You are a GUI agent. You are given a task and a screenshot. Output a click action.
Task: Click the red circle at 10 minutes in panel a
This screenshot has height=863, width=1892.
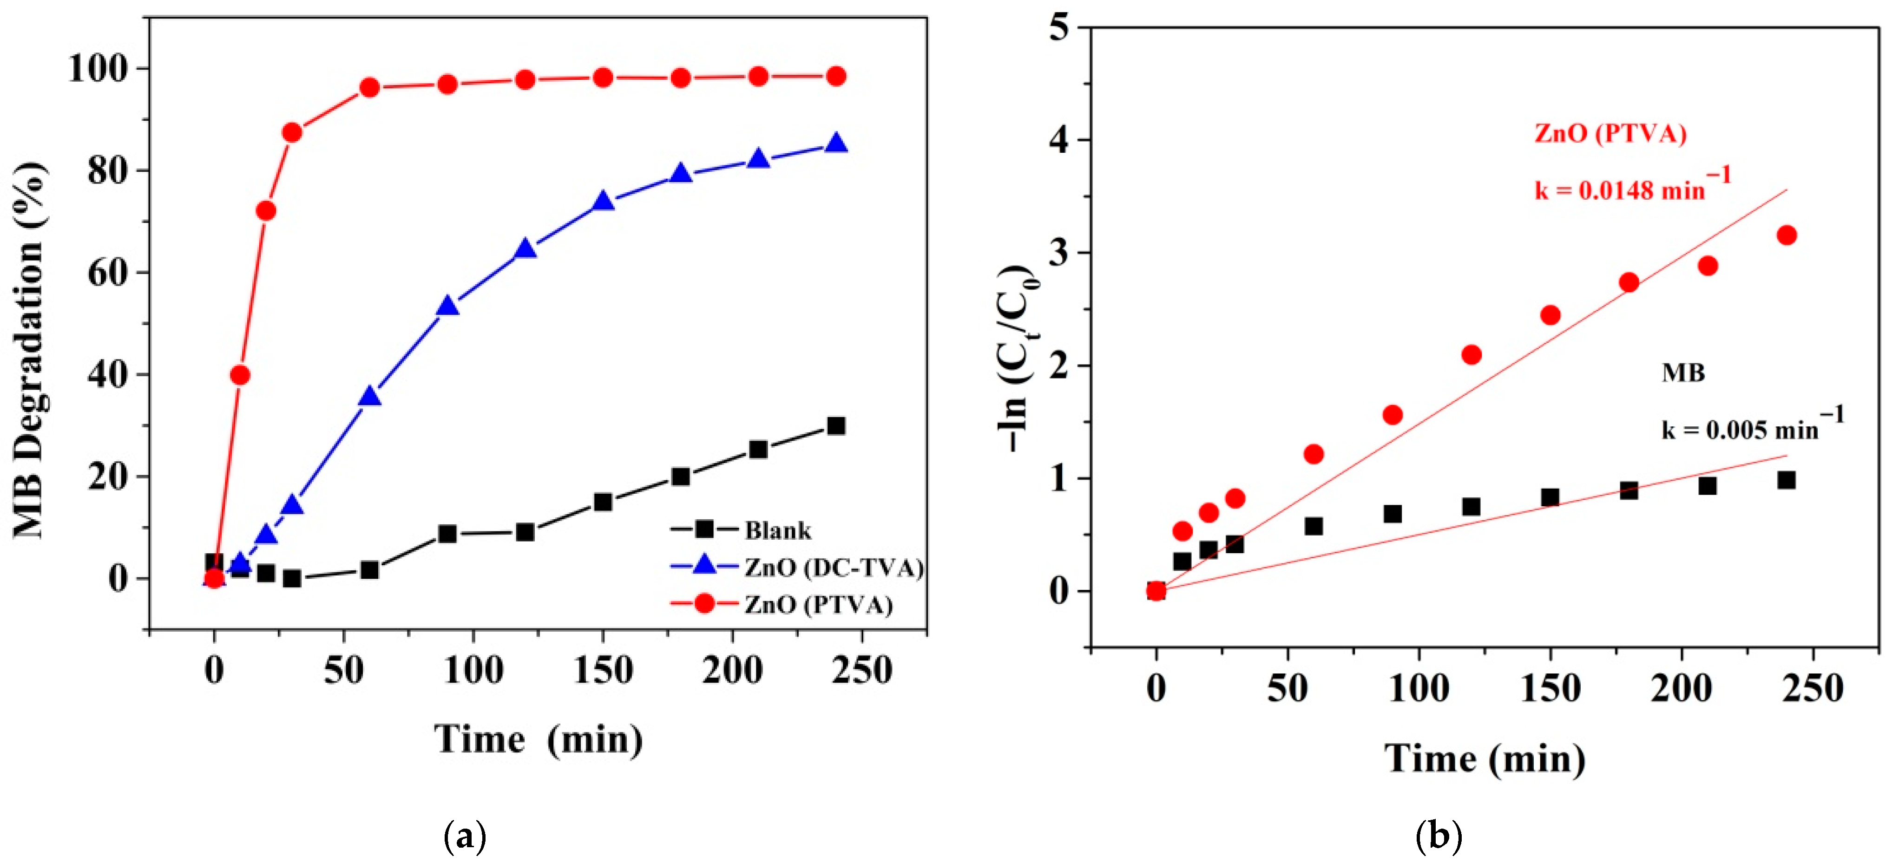(x=240, y=375)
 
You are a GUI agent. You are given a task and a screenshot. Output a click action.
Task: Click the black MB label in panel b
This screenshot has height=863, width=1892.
(x=1682, y=373)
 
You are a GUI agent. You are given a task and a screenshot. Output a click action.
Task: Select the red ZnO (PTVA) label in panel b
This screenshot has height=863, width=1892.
(x=1610, y=134)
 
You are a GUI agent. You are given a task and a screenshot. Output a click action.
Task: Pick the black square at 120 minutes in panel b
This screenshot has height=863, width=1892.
(x=1471, y=507)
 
